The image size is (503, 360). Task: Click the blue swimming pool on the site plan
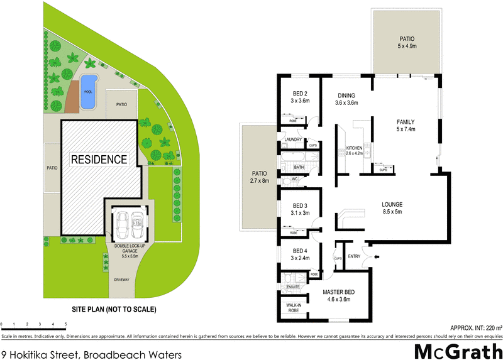(89, 84)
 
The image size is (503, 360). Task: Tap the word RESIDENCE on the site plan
(99, 160)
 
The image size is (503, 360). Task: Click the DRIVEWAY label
(123, 280)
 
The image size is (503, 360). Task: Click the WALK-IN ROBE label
(294, 307)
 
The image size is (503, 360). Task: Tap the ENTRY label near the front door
(353, 256)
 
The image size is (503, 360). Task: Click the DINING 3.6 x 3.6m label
(346, 99)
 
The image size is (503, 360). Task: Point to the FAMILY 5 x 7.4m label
(405, 126)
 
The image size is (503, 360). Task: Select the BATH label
(299, 167)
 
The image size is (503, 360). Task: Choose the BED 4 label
(299, 253)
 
